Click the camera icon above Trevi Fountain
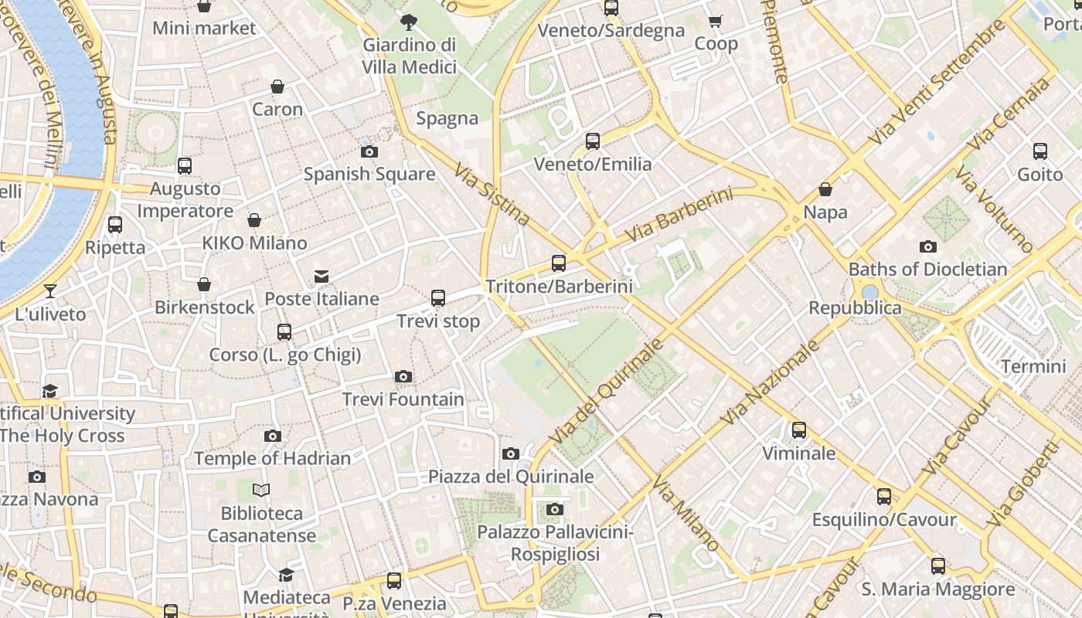coord(403,377)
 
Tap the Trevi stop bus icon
coord(438,297)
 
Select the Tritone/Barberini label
coord(559,287)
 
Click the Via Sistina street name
coord(492,194)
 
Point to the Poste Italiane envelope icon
coord(322,277)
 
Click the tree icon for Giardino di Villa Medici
coord(409,22)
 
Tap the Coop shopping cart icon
coord(715,22)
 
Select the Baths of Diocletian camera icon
coord(927,247)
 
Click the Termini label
coord(1033,366)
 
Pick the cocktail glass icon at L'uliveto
coord(50,291)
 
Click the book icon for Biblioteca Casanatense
coord(262,490)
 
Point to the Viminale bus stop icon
coord(799,430)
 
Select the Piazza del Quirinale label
coord(511,477)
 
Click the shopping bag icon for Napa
coord(825,189)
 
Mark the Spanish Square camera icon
coord(369,151)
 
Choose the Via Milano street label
coord(686,514)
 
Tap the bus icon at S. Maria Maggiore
coord(937,566)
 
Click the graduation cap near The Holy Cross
coord(50,391)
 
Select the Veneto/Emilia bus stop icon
coord(593,141)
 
